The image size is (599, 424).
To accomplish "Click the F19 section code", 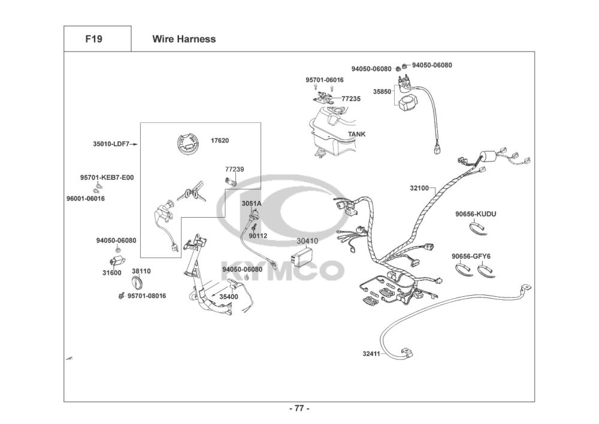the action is [93, 39].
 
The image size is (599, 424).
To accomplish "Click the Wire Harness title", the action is [184, 39].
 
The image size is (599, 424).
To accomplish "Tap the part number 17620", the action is [220, 141].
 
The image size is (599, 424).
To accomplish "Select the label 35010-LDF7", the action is [111, 144].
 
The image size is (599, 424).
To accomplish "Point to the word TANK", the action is [356, 134].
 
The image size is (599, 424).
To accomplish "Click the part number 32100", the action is [419, 188].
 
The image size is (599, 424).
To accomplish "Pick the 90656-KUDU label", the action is [476, 214].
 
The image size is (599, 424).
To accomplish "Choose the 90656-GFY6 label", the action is [471, 257].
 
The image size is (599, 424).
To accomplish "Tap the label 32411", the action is [371, 354].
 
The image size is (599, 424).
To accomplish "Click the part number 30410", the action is [307, 241].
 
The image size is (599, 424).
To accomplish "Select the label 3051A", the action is [252, 204].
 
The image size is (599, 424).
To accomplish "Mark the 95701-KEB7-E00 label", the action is [107, 178].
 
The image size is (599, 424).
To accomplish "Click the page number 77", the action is [299, 408].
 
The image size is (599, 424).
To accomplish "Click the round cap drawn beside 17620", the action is [188, 144].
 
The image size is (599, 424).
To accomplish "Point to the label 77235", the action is [350, 98].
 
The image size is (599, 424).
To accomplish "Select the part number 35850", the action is [382, 92].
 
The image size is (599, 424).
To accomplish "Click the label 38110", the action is [141, 272].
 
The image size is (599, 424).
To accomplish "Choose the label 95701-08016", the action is [147, 296].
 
